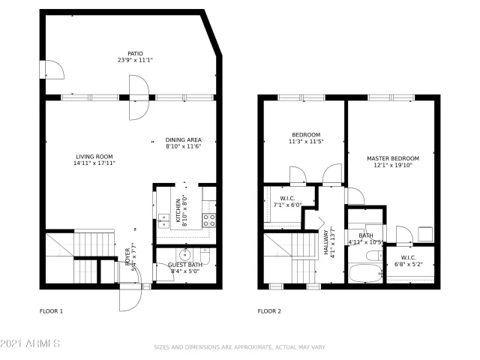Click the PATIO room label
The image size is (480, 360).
(x=135, y=54)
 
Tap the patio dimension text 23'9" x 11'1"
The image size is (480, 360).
(x=135, y=61)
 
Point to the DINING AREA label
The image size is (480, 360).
(x=184, y=139)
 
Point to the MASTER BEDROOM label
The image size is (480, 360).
(x=392, y=158)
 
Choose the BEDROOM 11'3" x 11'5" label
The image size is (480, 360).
(x=305, y=138)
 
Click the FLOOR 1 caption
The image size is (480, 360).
(x=51, y=310)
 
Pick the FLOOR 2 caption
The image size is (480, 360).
(x=269, y=310)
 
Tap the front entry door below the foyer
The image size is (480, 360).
(x=129, y=297)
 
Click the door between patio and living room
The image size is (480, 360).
(x=136, y=100)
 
